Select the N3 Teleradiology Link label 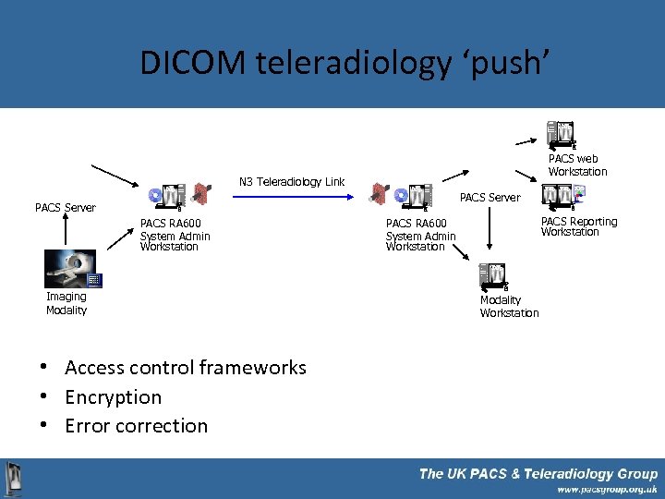292,182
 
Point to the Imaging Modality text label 66,303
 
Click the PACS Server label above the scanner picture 65,208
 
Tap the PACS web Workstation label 577,165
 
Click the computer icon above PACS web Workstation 562,135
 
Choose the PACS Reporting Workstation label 578,226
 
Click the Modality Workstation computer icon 493,275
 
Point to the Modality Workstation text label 509,307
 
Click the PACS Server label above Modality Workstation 490,197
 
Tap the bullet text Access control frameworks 185,368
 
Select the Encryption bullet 113,397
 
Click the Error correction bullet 136,426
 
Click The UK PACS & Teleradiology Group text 538,473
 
